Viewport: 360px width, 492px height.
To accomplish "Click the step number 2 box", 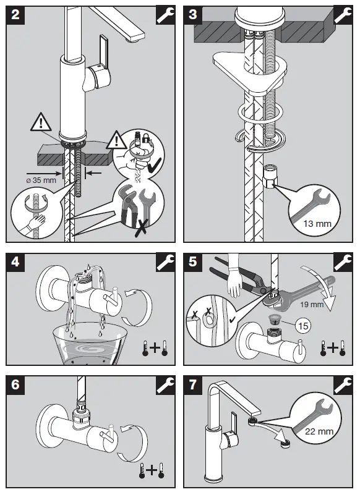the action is (x=15, y=15).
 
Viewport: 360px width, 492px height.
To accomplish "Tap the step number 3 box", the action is (x=192, y=15).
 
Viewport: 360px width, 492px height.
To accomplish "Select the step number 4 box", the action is (x=15, y=261).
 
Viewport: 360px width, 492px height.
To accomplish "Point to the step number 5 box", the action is (x=192, y=261).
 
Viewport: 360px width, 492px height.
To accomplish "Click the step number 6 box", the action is (x=15, y=384).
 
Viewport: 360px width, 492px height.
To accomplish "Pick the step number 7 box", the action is (x=192, y=384).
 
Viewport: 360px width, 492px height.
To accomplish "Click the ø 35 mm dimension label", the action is (x=41, y=180).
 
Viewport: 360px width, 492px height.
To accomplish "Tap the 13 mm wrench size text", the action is (x=317, y=224).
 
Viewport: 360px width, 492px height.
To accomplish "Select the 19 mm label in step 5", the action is (x=312, y=304).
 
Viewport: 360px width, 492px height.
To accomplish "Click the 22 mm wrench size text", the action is (x=319, y=431).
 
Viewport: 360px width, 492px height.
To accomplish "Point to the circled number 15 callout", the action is (x=303, y=326).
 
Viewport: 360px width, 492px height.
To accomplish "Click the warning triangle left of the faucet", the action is (x=41, y=122).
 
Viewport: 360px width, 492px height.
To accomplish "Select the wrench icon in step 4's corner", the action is (x=166, y=262).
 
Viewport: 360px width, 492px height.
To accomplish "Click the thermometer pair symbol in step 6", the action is (x=152, y=470).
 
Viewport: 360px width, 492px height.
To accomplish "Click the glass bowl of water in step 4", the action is (x=90, y=344).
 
